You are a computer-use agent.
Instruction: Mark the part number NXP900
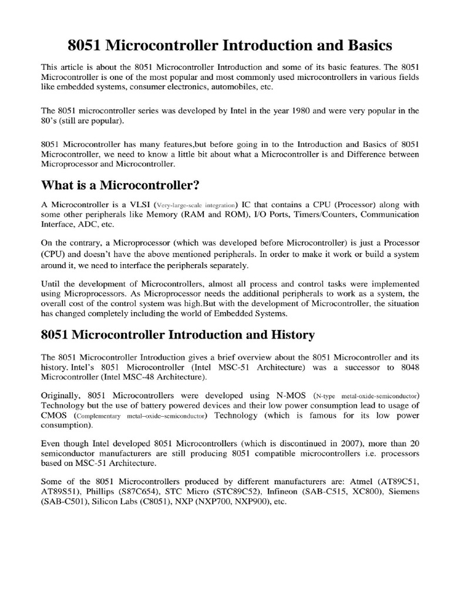(251, 502)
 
